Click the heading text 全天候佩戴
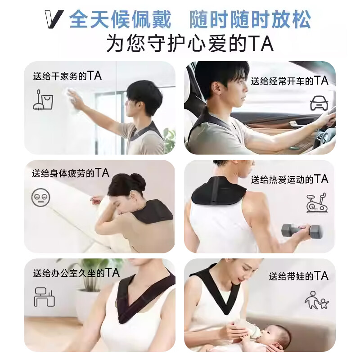pyautogui.click(x=120, y=19)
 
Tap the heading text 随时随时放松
pyautogui.click(x=250, y=19)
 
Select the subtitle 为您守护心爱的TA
pyautogui.click(x=190, y=44)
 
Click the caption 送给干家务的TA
pyautogui.click(x=67, y=76)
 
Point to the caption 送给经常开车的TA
pyautogui.click(x=289, y=81)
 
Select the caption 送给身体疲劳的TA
pyautogui.click(x=70, y=173)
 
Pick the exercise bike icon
pyautogui.click(x=317, y=203)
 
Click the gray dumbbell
pyautogui.click(x=301, y=231)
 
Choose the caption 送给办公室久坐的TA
pyautogui.click(x=76, y=273)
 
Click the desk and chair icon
pyautogui.click(x=44, y=297)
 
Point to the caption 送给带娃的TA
pyautogui.click(x=298, y=275)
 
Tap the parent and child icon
pyautogui.click(x=316, y=300)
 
